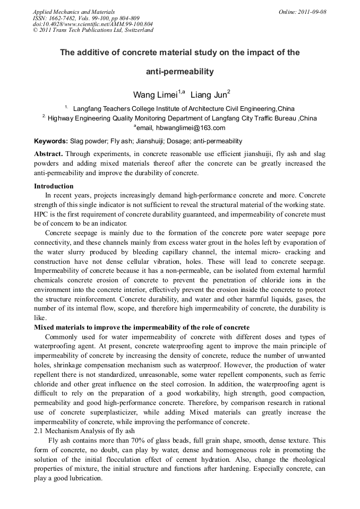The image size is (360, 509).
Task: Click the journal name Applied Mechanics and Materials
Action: click(73, 12)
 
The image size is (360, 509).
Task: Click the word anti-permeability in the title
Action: click(179, 71)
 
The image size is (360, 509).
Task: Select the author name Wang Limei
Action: click(155, 96)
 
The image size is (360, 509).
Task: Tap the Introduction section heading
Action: click(54, 186)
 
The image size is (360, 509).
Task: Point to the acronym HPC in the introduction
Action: click(41, 215)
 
